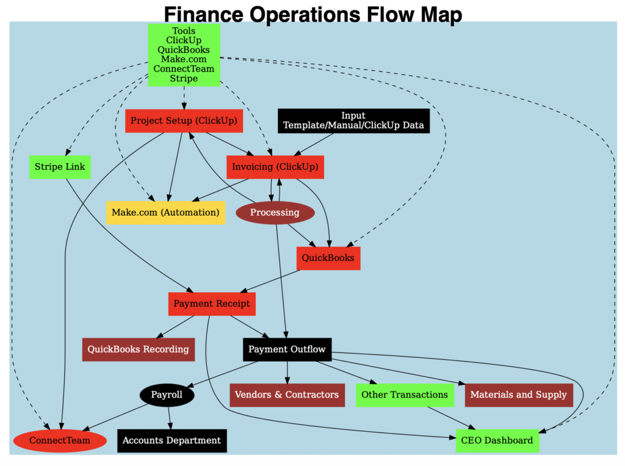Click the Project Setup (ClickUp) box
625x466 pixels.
coord(184,121)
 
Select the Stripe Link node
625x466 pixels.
coord(60,167)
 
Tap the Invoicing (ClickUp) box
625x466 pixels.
coord(275,167)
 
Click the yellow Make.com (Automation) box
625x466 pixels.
coord(165,213)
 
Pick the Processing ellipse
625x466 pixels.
coord(275,213)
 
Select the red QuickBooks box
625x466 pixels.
coord(328,258)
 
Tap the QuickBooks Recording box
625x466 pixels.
coord(139,349)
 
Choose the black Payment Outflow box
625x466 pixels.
coord(287,349)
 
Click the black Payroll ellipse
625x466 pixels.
coord(167,395)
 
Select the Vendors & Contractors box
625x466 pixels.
coord(286,395)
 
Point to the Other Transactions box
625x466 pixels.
coord(405,395)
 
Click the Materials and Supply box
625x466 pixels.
coord(518,395)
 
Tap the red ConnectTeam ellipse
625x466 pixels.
coord(60,440)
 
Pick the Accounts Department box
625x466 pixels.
coord(172,440)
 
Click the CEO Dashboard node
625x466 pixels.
coord(497,440)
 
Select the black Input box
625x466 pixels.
coord(353,121)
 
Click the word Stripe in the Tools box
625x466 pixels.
coord(184,78)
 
